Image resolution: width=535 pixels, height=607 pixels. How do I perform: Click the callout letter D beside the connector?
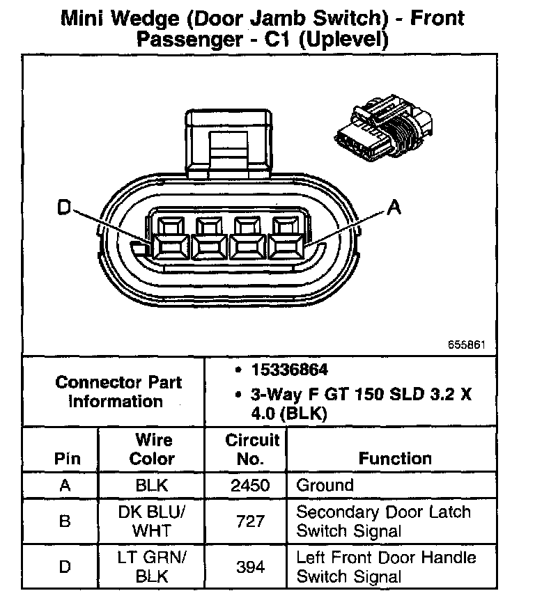click(63, 207)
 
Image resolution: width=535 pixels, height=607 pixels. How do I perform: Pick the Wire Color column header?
click(152, 449)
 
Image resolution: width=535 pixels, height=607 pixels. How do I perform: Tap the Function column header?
click(394, 458)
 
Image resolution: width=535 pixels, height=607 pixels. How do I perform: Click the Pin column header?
click(65, 459)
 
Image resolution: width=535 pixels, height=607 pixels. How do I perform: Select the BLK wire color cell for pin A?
click(152, 485)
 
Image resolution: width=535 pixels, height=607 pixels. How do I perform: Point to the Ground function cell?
click(325, 485)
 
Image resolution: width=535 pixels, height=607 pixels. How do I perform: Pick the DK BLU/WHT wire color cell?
click(152, 521)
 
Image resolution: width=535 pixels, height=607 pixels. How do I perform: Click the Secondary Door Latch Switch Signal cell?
click(383, 521)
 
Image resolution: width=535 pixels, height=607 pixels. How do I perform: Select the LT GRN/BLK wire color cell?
click(152, 566)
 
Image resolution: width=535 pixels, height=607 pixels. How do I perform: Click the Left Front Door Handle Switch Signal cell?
click(386, 567)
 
